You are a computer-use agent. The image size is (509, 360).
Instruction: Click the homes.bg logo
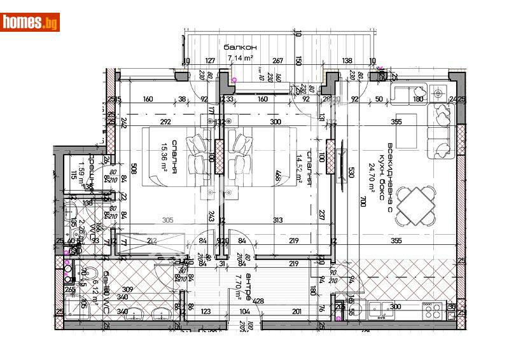click(x=30, y=22)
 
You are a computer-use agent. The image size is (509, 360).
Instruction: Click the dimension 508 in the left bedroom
click(x=134, y=169)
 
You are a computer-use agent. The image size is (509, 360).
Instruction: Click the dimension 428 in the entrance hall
click(x=258, y=301)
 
